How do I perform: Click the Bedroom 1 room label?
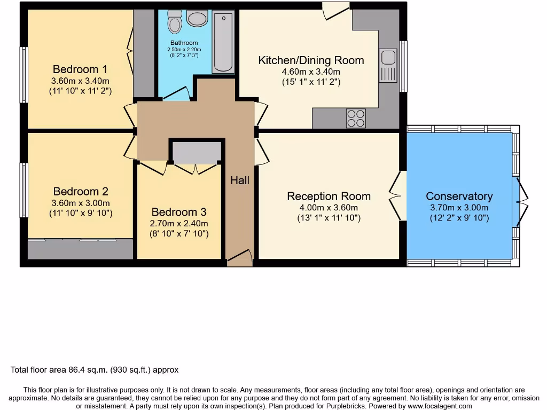[80, 69]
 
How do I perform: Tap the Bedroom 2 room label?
[81, 191]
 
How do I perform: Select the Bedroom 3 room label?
[178, 212]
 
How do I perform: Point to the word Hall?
[240, 180]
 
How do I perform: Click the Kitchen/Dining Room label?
[311, 60]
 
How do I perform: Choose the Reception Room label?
[329, 196]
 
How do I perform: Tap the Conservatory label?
[459, 196]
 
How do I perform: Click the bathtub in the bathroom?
[223, 43]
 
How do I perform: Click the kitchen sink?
[388, 65]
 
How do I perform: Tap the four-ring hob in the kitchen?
[356, 118]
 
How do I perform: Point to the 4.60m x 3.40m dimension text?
[311, 72]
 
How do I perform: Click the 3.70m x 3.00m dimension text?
[459, 208]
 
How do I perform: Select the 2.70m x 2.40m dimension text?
[178, 224]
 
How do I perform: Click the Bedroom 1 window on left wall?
[24, 75]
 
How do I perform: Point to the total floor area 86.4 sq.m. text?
[95, 369]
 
